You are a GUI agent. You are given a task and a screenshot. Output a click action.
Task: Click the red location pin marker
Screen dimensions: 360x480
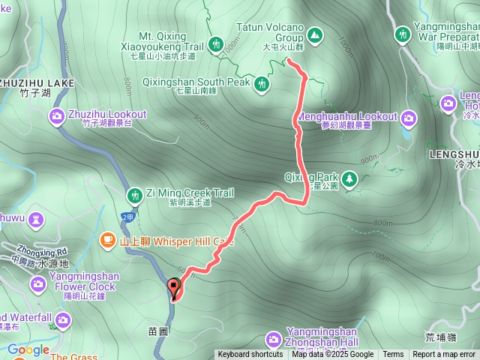pyautogui.click(x=174, y=287)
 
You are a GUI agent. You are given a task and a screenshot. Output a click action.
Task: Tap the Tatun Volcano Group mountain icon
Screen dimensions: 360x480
pyautogui.click(x=314, y=34)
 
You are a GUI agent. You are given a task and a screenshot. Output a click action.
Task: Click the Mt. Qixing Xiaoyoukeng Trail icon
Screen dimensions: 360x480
pyautogui.click(x=216, y=44)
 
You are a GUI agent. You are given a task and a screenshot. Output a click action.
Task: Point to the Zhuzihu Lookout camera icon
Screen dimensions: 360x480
pyautogui.click(x=57, y=116)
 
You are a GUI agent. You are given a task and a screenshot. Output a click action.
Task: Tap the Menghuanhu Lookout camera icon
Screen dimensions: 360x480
pyautogui.click(x=409, y=117)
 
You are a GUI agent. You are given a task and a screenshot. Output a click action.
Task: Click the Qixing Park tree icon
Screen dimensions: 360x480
pyautogui.click(x=349, y=178)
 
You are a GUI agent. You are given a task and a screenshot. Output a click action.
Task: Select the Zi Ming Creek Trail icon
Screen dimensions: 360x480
pyautogui.click(x=135, y=195)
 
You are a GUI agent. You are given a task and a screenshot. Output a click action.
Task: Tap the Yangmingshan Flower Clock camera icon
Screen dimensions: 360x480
pyautogui.click(x=38, y=283)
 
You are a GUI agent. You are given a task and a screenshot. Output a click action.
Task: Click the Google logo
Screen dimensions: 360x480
pyautogui.click(x=28, y=349)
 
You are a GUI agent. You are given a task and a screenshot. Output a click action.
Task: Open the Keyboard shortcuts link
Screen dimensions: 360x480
pyautogui.click(x=250, y=355)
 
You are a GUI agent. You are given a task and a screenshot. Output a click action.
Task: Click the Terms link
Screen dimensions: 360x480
pyautogui.click(x=393, y=355)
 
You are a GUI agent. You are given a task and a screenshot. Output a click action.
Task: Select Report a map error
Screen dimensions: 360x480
pyautogui.click(x=444, y=355)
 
